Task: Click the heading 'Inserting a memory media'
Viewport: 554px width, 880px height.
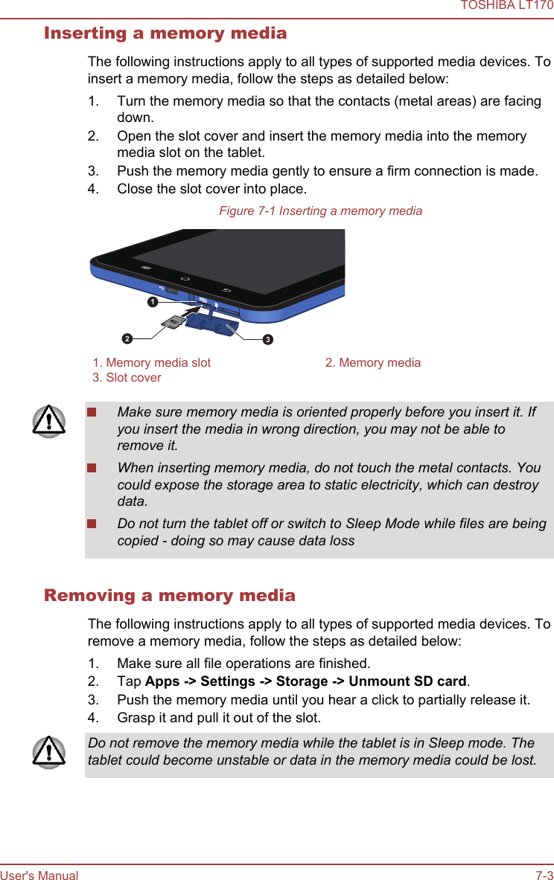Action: coord(165,33)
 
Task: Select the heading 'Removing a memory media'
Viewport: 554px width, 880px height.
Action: coord(170,596)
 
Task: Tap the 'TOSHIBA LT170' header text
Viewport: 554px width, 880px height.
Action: coord(506,6)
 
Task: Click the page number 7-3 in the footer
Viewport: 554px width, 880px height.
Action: coord(544,876)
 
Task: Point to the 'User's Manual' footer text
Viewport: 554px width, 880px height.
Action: coord(39,876)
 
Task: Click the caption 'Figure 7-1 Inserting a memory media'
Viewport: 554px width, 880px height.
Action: coord(320,211)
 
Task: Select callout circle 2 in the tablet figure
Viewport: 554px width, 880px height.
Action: coord(127,339)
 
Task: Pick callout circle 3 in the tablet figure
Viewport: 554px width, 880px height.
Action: coord(267,340)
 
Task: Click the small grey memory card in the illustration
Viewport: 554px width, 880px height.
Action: coord(173,322)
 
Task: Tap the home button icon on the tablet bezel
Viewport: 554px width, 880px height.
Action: coord(185,279)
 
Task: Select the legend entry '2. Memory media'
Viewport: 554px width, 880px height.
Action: coord(372,363)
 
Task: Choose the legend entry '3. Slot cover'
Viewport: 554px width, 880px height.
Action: coord(127,378)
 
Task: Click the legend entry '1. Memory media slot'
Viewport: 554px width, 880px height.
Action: coord(152,363)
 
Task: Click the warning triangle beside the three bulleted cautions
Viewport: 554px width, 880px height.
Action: coord(49,422)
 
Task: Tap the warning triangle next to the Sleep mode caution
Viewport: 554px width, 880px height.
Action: coord(49,751)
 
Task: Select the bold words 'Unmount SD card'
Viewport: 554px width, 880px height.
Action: coord(407,681)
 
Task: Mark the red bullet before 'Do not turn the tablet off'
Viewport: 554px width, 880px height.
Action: coord(92,524)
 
